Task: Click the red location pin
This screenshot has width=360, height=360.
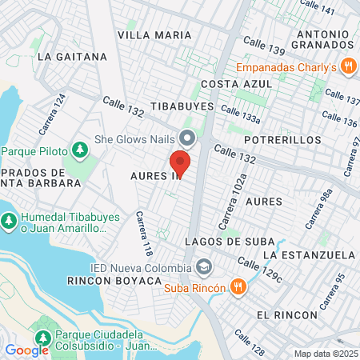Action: coord(180,162)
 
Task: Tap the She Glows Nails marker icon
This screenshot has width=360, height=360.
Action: coord(187,138)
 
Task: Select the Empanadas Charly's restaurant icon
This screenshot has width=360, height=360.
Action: coord(347,66)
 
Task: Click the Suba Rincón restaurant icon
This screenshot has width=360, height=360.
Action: coord(238,286)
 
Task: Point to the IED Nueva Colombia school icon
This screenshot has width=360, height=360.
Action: coord(205,266)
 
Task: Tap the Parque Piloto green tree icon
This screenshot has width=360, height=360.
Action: coord(79,149)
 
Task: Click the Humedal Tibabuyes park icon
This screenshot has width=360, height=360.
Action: coord(9,218)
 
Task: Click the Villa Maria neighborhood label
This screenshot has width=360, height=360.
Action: coord(154,35)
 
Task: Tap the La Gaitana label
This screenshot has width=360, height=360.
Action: coord(72,57)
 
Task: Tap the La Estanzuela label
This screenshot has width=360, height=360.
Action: coord(309,254)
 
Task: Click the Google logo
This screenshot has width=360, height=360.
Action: coord(26,350)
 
